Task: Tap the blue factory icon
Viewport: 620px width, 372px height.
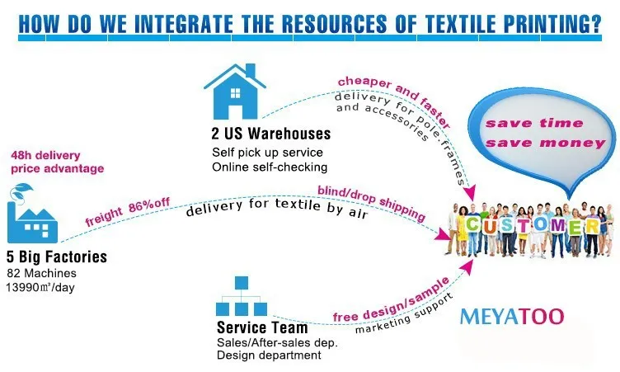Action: coord(32,212)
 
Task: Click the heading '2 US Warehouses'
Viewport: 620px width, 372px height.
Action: coord(271,133)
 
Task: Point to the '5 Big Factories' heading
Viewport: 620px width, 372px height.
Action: coord(57,257)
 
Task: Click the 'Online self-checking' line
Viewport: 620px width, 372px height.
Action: coord(265,167)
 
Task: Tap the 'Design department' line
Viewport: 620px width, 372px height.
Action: coord(269,356)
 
